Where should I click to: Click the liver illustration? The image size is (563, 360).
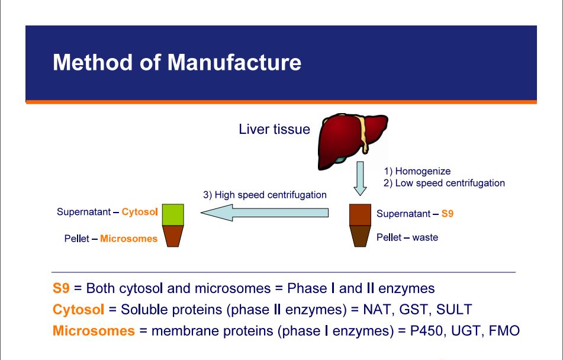point(352,141)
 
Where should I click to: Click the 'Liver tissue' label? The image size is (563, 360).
point(274,129)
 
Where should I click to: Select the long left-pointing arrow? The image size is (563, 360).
point(265,213)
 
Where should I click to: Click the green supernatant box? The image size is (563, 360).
point(173,215)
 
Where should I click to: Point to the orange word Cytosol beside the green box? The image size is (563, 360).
point(140,212)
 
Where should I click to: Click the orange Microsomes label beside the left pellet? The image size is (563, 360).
point(128,239)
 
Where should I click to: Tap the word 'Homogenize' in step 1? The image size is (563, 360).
point(423,171)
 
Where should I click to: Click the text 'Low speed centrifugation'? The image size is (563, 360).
point(450,183)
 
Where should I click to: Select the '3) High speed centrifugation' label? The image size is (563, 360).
point(265,195)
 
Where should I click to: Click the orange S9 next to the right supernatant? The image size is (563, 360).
point(448,214)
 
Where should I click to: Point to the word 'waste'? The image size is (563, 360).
point(425,237)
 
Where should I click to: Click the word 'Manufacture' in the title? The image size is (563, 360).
point(234,62)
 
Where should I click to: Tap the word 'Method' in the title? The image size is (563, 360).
point(93,62)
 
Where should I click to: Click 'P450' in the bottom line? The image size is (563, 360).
point(426,330)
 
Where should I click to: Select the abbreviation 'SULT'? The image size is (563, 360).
point(454,309)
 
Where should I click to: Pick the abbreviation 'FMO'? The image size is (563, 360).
point(504,330)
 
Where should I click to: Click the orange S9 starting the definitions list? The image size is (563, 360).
point(61,288)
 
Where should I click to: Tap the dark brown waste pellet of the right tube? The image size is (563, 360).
point(360,236)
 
